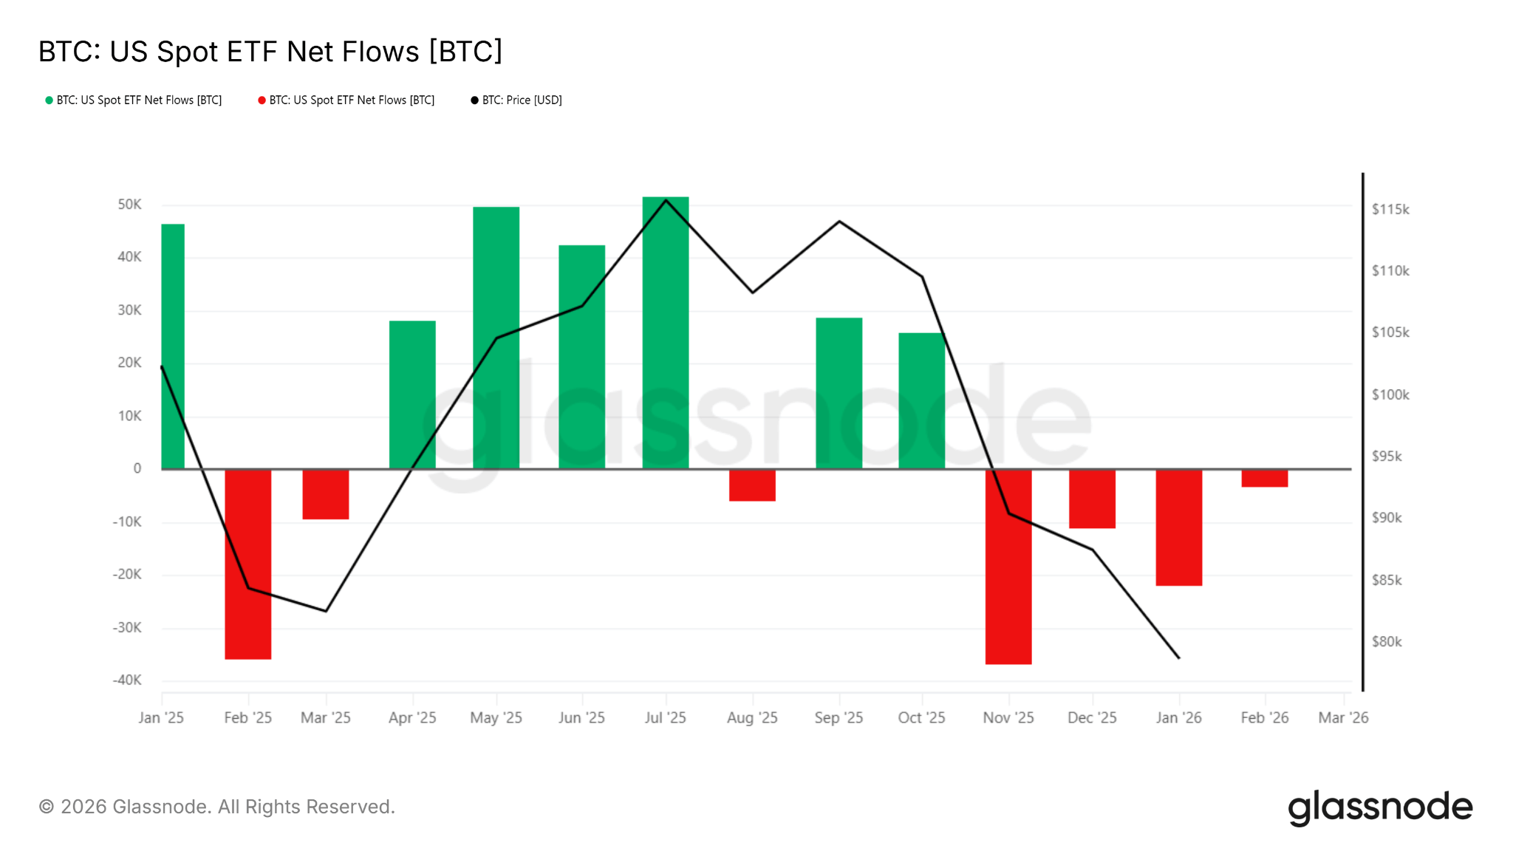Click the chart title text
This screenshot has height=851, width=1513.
click(270, 52)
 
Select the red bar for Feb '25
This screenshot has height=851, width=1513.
click(248, 564)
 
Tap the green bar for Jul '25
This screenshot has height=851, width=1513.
click(666, 332)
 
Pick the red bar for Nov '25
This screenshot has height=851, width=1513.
click(1008, 567)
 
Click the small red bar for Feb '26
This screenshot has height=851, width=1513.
click(1264, 478)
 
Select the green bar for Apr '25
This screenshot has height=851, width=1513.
click(412, 394)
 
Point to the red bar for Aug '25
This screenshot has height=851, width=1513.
click(752, 485)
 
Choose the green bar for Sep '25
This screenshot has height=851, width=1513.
click(839, 393)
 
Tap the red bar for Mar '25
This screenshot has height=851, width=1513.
click(326, 494)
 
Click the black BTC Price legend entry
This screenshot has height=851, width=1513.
click(516, 100)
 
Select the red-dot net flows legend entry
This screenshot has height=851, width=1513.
click(346, 100)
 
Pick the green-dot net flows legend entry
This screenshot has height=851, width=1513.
click(134, 100)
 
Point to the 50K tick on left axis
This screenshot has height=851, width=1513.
click(129, 205)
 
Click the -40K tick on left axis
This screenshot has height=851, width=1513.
click(127, 680)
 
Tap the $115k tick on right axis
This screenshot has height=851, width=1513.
click(1390, 210)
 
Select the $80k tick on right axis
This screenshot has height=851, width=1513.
click(1387, 642)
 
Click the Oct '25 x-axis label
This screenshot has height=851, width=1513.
click(921, 718)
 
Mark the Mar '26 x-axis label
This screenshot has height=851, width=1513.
click(1343, 718)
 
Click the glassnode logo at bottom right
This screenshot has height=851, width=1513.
click(1380, 807)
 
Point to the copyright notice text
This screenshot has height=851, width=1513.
click(217, 807)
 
